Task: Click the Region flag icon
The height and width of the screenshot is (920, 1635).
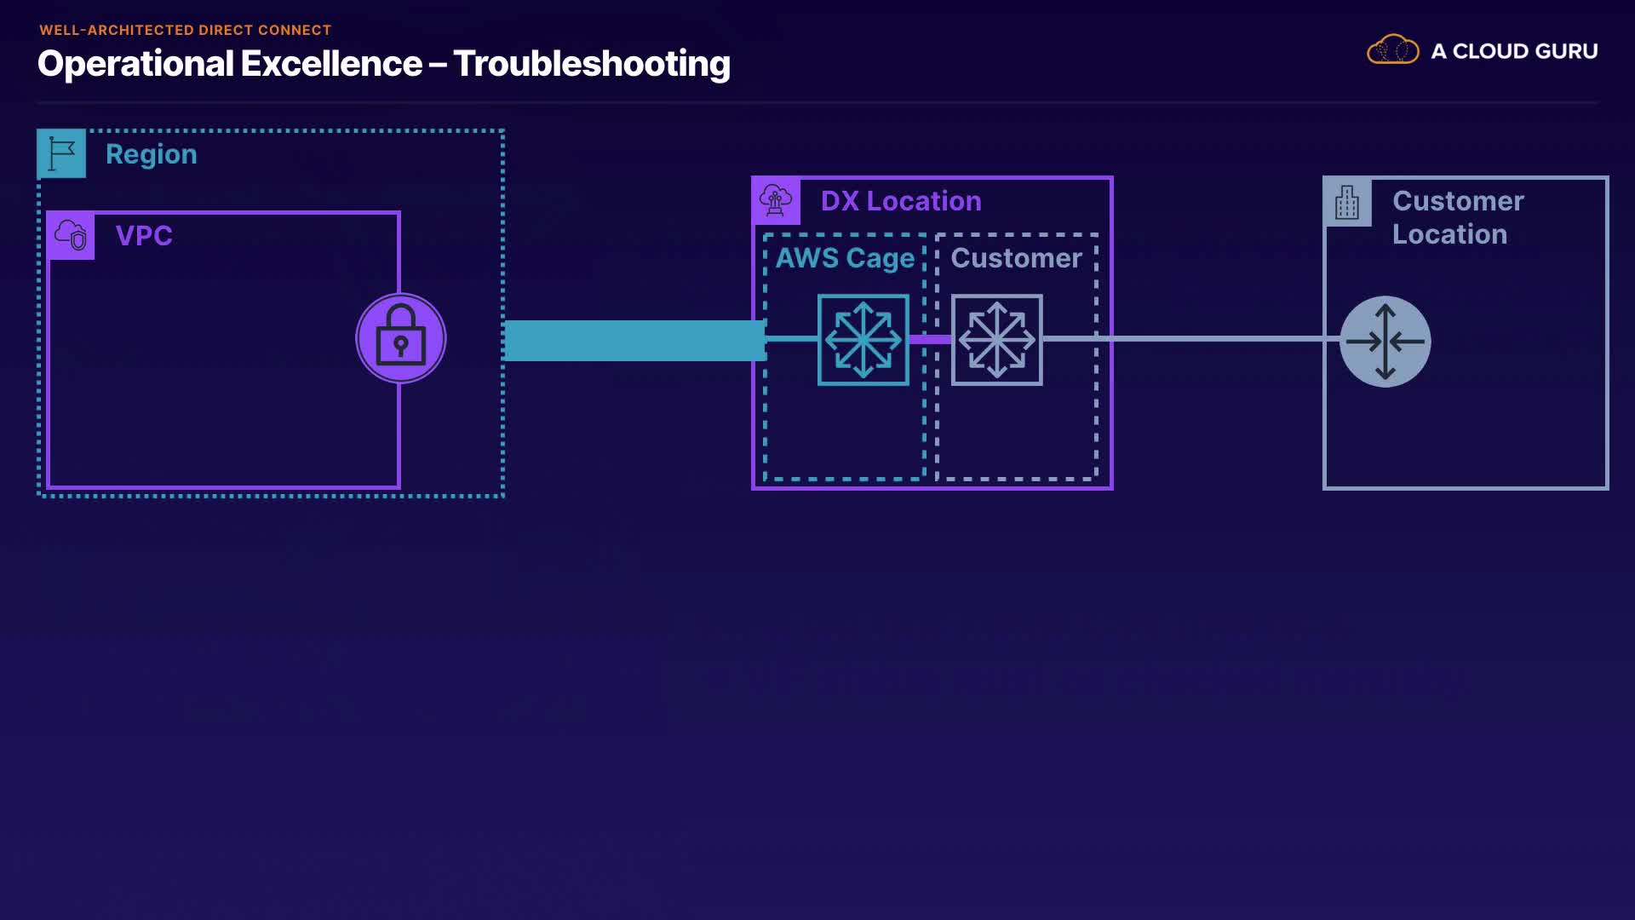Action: tap(61, 153)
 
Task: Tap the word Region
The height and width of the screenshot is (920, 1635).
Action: tap(152, 155)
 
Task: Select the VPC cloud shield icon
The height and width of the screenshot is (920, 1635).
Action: tap(71, 235)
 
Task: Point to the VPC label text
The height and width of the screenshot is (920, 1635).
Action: tap(144, 235)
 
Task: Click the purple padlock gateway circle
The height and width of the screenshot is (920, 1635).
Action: tap(401, 338)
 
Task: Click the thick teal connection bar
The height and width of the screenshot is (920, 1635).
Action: tap(635, 341)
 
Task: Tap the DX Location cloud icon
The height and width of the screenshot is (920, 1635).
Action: tap(776, 201)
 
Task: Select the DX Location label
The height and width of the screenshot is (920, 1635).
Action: tap(901, 201)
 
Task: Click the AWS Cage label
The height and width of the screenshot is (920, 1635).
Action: tap(845, 258)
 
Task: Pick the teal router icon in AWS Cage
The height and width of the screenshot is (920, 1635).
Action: tap(863, 340)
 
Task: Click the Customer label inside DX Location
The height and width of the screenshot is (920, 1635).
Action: tap(1016, 258)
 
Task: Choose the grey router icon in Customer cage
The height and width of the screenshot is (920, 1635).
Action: tap(997, 340)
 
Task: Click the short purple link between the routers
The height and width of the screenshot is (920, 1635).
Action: tap(931, 339)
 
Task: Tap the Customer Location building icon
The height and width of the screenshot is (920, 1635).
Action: tap(1347, 203)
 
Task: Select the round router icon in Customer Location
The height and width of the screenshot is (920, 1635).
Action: tap(1385, 342)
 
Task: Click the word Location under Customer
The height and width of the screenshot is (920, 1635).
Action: tap(1449, 234)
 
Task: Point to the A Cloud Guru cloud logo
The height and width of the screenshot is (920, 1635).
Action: tap(1393, 49)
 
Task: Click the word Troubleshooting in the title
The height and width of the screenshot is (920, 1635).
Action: tap(592, 64)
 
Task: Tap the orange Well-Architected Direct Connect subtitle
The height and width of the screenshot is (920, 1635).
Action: tap(186, 30)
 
